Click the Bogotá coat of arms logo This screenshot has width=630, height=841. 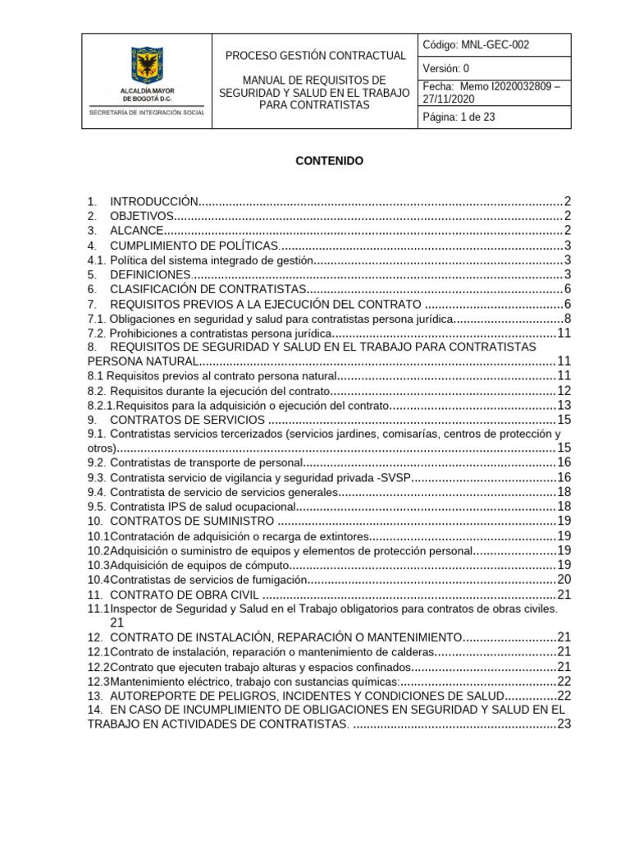click(147, 63)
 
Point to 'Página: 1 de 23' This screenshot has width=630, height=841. click(459, 117)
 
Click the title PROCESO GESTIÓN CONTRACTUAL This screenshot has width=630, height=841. click(316, 56)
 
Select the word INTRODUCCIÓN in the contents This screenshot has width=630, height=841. click(154, 201)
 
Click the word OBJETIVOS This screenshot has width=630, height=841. click(142, 216)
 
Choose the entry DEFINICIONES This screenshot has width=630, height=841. click(150, 274)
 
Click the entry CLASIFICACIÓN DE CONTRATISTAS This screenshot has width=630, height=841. click(208, 289)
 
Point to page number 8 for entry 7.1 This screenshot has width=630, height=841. click(566, 319)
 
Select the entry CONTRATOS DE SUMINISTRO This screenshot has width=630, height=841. click(192, 521)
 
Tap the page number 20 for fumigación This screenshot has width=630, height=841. click(564, 580)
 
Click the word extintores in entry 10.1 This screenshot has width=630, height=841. click(337, 536)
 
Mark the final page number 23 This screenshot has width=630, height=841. click(564, 724)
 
